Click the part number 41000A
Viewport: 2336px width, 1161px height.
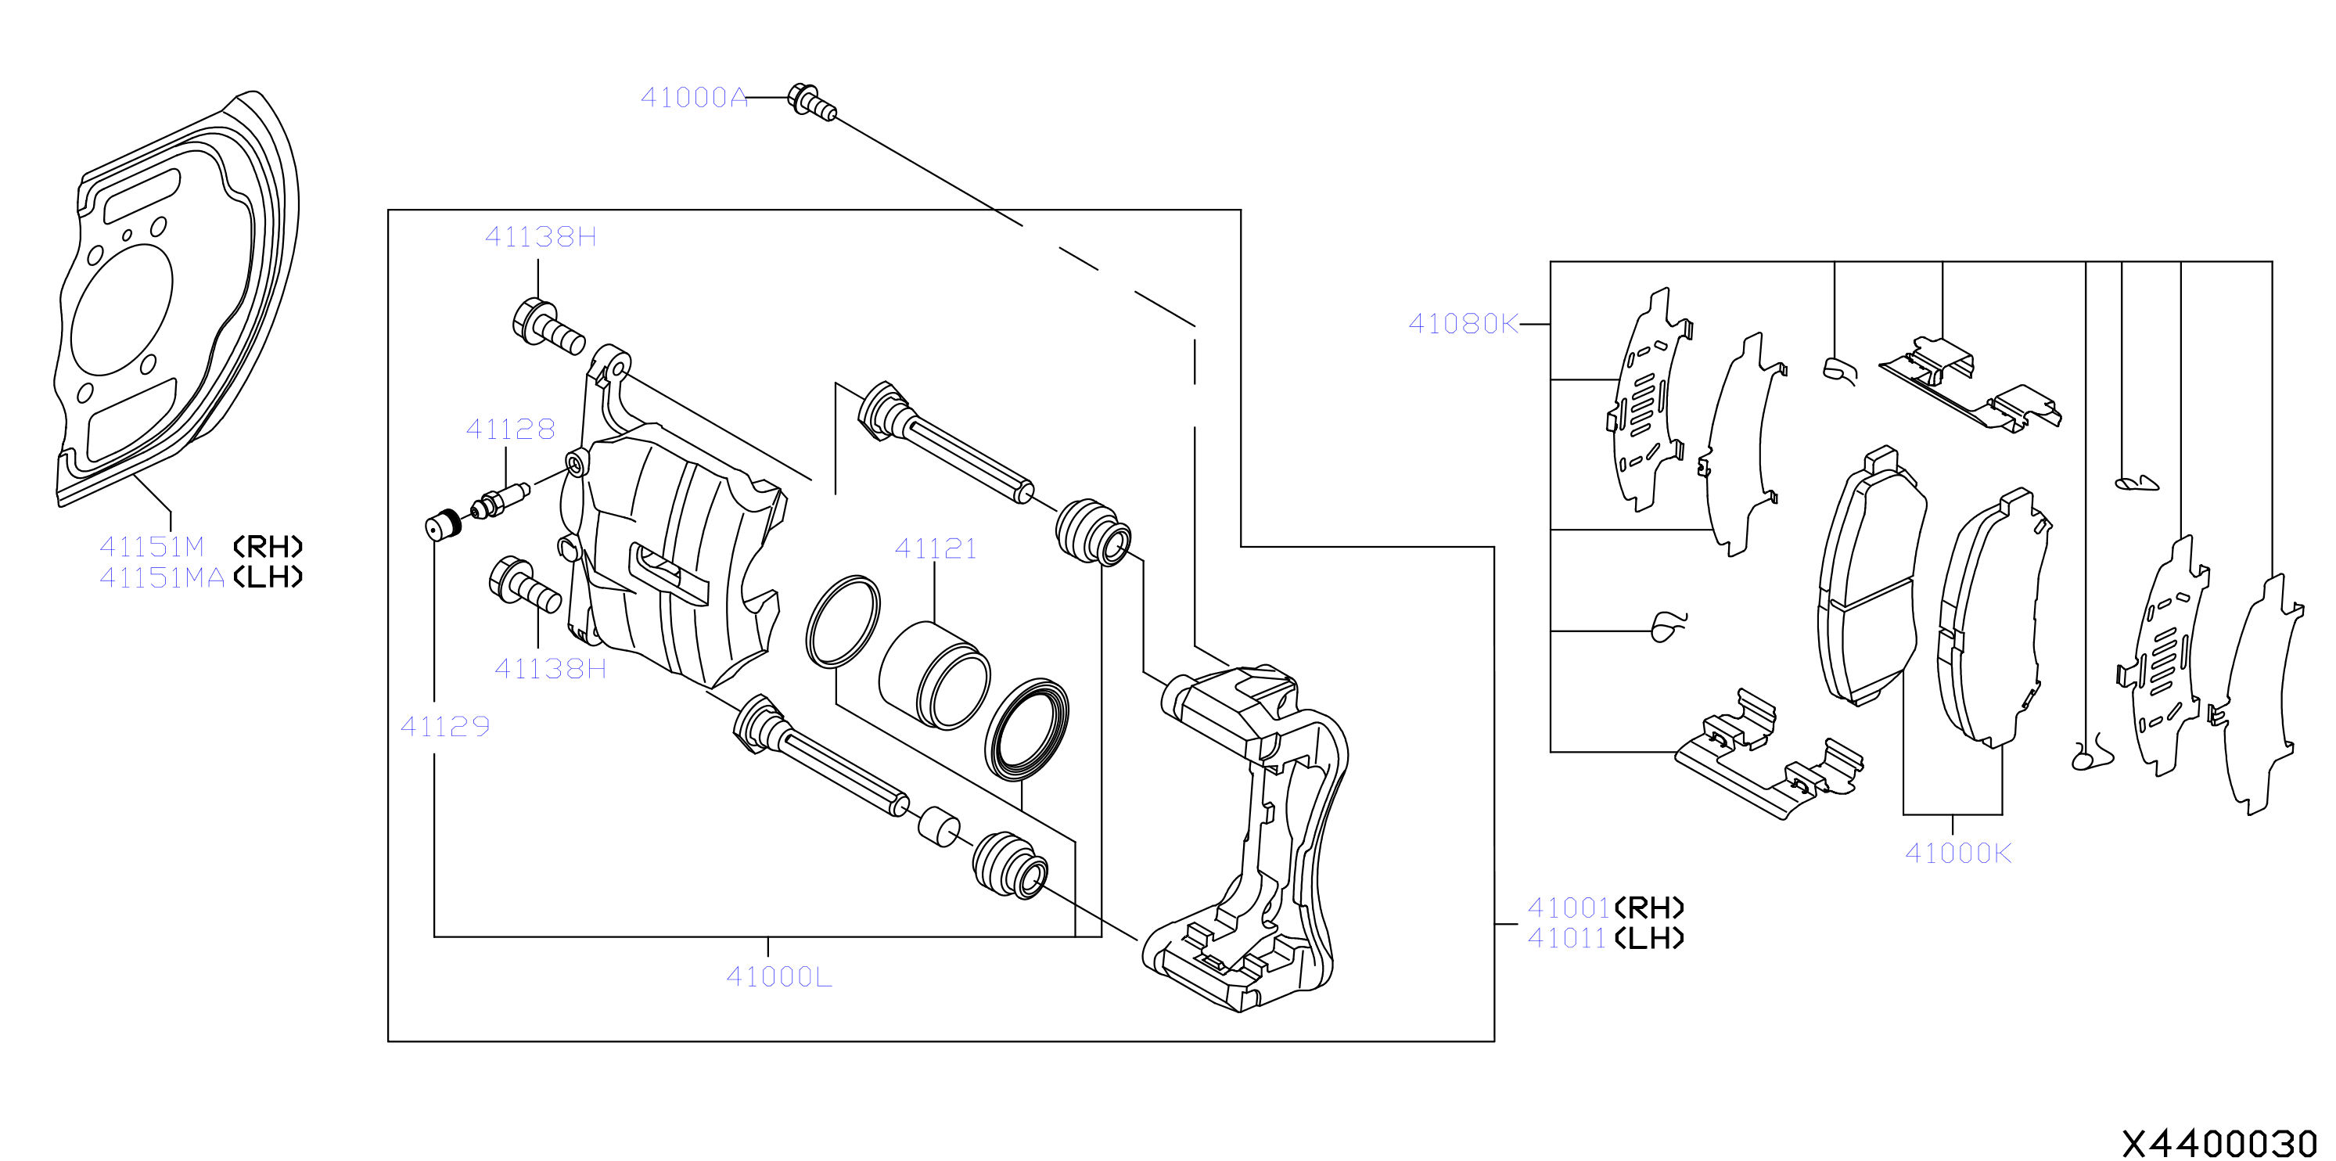coord(694,97)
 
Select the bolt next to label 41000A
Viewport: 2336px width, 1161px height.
coord(811,101)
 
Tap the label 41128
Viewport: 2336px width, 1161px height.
coord(511,429)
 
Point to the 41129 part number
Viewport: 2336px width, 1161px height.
coord(445,727)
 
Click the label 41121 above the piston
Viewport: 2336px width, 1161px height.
coord(936,548)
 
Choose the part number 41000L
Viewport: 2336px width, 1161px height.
coord(779,977)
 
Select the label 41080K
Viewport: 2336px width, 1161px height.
coord(1463,324)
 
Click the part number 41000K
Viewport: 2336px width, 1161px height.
coord(1958,854)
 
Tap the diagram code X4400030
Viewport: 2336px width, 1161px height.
coord(2219,1144)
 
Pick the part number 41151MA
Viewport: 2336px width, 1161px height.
coord(162,578)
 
